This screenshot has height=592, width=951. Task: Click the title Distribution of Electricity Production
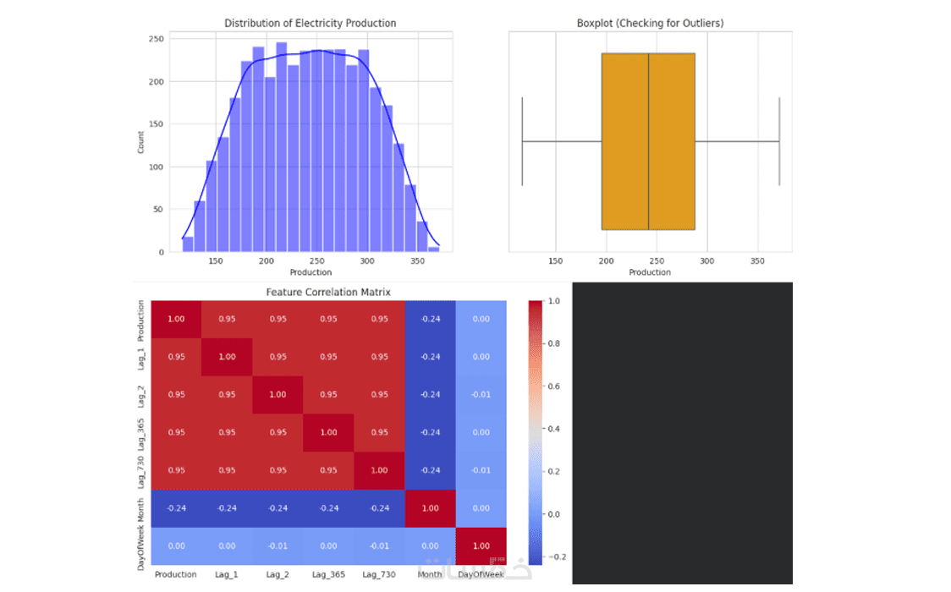310,23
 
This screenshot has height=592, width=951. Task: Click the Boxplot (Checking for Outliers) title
650,23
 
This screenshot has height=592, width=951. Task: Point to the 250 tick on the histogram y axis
156,39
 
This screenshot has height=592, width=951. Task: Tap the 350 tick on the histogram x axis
417,261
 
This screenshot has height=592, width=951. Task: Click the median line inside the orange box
648,141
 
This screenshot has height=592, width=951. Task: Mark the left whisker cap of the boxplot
523,141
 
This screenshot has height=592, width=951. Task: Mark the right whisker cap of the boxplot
778,141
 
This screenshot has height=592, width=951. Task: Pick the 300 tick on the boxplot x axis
707,261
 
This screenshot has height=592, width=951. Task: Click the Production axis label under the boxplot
650,272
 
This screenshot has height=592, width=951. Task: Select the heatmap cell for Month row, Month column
430,508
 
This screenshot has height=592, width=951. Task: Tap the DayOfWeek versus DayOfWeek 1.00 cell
481,546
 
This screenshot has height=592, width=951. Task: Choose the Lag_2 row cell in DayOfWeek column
481,394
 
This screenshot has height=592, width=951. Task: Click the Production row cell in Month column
430,318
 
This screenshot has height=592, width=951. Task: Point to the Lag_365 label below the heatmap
328,574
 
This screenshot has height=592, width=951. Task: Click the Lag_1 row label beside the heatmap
141,356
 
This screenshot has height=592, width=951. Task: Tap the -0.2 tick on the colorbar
556,556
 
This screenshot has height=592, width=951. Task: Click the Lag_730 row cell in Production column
176,470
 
